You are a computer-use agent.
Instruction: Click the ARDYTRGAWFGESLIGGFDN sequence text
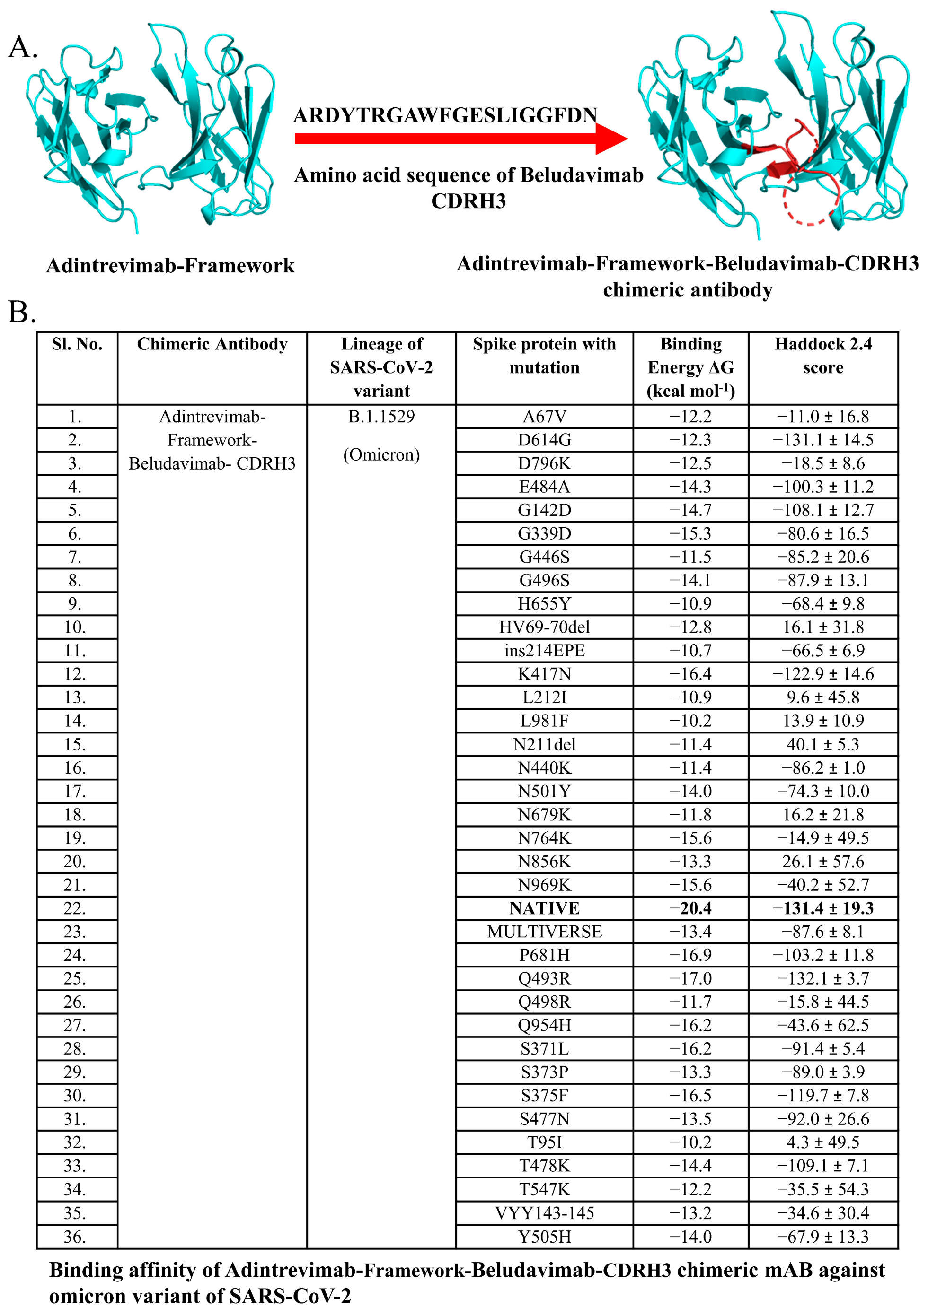pyautogui.click(x=445, y=115)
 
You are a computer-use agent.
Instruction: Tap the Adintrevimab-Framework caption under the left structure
pyautogui.click(x=170, y=266)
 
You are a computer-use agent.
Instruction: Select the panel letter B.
pyautogui.click(x=22, y=313)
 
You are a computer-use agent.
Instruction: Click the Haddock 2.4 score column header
pyautogui.click(x=822, y=356)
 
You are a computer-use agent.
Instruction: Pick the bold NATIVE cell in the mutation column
pyautogui.click(x=544, y=908)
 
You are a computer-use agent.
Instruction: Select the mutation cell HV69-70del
pyautogui.click(x=544, y=627)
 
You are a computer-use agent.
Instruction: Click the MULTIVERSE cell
pyautogui.click(x=544, y=932)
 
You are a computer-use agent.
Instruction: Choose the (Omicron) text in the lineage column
pyautogui.click(x=381, y=454)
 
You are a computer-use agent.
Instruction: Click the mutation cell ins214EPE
pyautogui.click(x=544, y=651)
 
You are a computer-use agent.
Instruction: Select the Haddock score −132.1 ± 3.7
pyautogui.click(x=822, y=978)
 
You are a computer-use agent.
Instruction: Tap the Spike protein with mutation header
pyautogui.click(x=544, y=356)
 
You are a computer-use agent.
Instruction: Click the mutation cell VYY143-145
pyautogui.click(x=544, y=1213)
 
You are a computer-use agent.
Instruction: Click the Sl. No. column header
pyautogui.click(x=77, y=344)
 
